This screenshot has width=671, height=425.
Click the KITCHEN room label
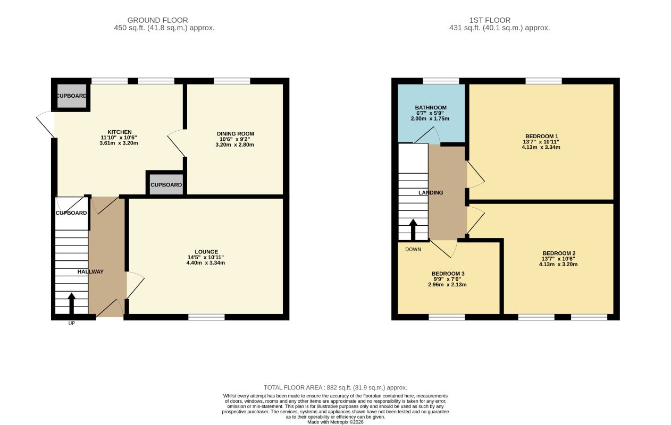point(120,132)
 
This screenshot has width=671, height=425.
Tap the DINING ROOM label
point(236,134)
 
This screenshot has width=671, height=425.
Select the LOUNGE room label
point(206,252)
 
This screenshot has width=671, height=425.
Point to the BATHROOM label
point(431,108)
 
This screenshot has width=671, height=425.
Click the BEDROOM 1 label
point(542,137)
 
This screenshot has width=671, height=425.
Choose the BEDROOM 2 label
point(559,253)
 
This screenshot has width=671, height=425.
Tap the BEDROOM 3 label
point(448,274)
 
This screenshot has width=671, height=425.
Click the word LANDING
point(431,193)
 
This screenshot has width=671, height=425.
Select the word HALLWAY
point(90,272)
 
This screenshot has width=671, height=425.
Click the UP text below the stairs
point(72,323)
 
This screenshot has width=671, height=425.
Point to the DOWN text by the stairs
point(413,250)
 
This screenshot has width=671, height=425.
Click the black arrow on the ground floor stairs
point(71,303)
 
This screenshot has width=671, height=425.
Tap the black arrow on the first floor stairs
point(413,229)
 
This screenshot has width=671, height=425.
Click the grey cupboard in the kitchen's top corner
point(72,96)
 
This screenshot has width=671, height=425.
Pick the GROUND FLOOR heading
point(157,20)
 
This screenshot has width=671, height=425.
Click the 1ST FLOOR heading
point(490,20)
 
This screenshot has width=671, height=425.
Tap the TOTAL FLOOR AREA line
point(335,388)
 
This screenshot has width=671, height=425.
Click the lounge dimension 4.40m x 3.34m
point(205,263)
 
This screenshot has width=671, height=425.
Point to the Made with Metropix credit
point(335,422)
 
